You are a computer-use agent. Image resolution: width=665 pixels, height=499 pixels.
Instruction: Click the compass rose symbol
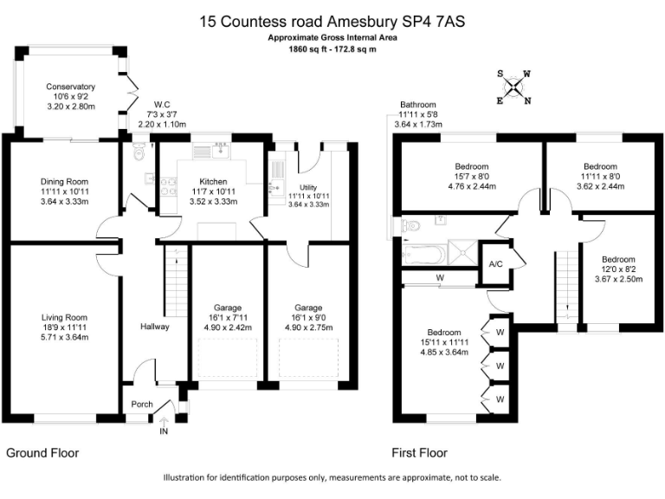514,87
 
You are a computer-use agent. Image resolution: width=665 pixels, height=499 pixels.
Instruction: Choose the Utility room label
308,187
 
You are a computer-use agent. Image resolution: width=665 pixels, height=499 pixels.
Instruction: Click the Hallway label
154,327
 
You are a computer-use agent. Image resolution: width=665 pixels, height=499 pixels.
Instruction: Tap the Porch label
141,405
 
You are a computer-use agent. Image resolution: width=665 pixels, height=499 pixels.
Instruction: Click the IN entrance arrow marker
164,424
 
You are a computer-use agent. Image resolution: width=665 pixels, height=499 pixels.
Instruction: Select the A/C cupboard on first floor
496,264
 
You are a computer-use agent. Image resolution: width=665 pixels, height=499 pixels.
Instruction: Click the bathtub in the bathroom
424,254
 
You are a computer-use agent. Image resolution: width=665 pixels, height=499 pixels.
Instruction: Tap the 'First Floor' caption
419,453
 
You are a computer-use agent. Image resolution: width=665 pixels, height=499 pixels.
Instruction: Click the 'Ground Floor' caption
42,453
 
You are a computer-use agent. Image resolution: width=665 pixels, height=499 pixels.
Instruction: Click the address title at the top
332,22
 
